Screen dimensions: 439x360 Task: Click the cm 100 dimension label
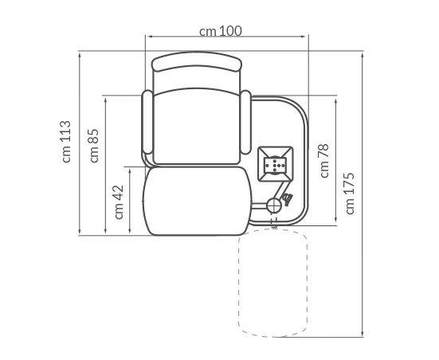point(221,31)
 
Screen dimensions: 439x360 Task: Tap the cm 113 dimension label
point(66,141)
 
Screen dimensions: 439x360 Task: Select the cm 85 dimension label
point(94,146)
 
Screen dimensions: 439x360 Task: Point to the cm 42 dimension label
point(119,202)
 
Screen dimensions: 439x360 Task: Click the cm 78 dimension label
point(323,161)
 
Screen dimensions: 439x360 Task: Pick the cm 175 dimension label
point(350,194)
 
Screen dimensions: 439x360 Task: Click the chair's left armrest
point(147,123)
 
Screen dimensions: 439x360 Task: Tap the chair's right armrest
point(246,123)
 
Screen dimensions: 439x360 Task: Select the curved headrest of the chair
point(197,61)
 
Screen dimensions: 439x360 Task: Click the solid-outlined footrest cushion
point(198,201)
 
